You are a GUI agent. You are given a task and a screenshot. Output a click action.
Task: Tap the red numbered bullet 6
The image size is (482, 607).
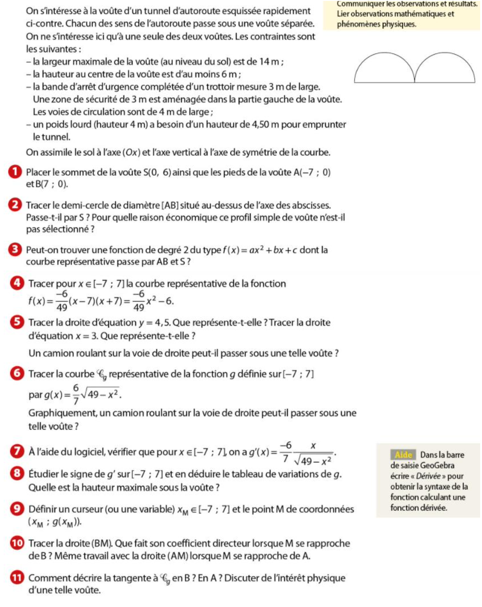coord(17,374)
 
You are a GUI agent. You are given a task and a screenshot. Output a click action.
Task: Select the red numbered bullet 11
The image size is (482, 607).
coord(17,578)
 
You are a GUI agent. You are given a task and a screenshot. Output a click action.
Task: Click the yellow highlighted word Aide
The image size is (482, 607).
coord(403,455)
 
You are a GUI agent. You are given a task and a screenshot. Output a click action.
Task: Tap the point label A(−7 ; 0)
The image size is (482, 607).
coord(312,172)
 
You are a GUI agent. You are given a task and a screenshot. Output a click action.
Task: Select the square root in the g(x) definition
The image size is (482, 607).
coord(104,395)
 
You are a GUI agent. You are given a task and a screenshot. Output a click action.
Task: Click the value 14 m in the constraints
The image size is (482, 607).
coord(270,61)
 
